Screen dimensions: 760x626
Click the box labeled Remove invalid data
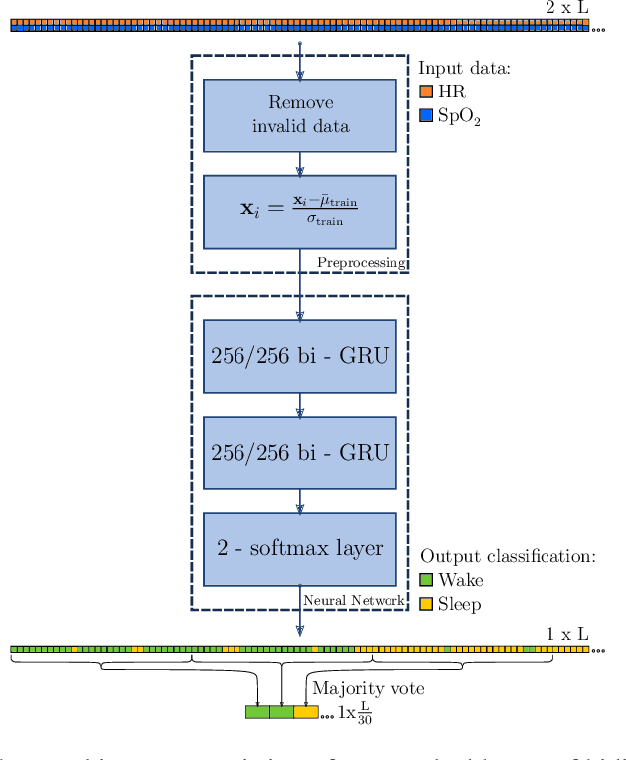coord(299,114)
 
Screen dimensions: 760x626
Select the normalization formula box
coord(299,211)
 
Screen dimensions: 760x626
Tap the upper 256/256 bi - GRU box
coord(299,356)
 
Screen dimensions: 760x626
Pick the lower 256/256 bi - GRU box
coord(299,452)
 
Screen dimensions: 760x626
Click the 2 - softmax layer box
coord(299,548)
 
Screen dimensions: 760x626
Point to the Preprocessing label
coord(361,263)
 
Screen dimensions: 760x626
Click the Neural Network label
coord(353,600)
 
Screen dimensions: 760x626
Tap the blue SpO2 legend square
coord(425,115)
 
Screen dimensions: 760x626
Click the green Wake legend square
coord(425,579)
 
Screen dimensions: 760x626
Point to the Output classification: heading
coord(507,555)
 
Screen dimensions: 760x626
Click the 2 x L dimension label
coord(566,8)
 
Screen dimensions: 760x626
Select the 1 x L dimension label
coord(566,634)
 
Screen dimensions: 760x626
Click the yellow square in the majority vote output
coord(306,712)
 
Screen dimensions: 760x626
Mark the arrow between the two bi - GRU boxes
coord(299,403)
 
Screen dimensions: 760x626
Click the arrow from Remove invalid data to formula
coord(299,163)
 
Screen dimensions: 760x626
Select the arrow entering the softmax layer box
coord(299,499)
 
